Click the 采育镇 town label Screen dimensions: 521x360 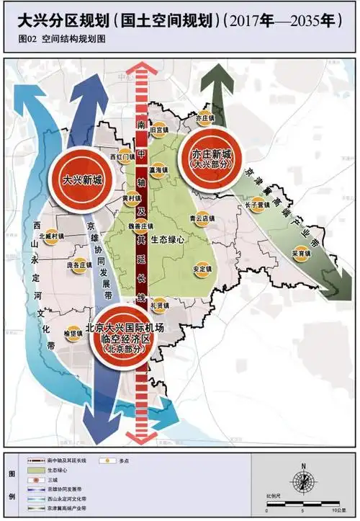[x=300, y=254]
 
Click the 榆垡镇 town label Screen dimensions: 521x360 [x=74, y=333]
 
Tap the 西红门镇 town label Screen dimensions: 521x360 [x=123, y=156]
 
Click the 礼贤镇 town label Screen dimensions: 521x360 [x=159, y=306]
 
